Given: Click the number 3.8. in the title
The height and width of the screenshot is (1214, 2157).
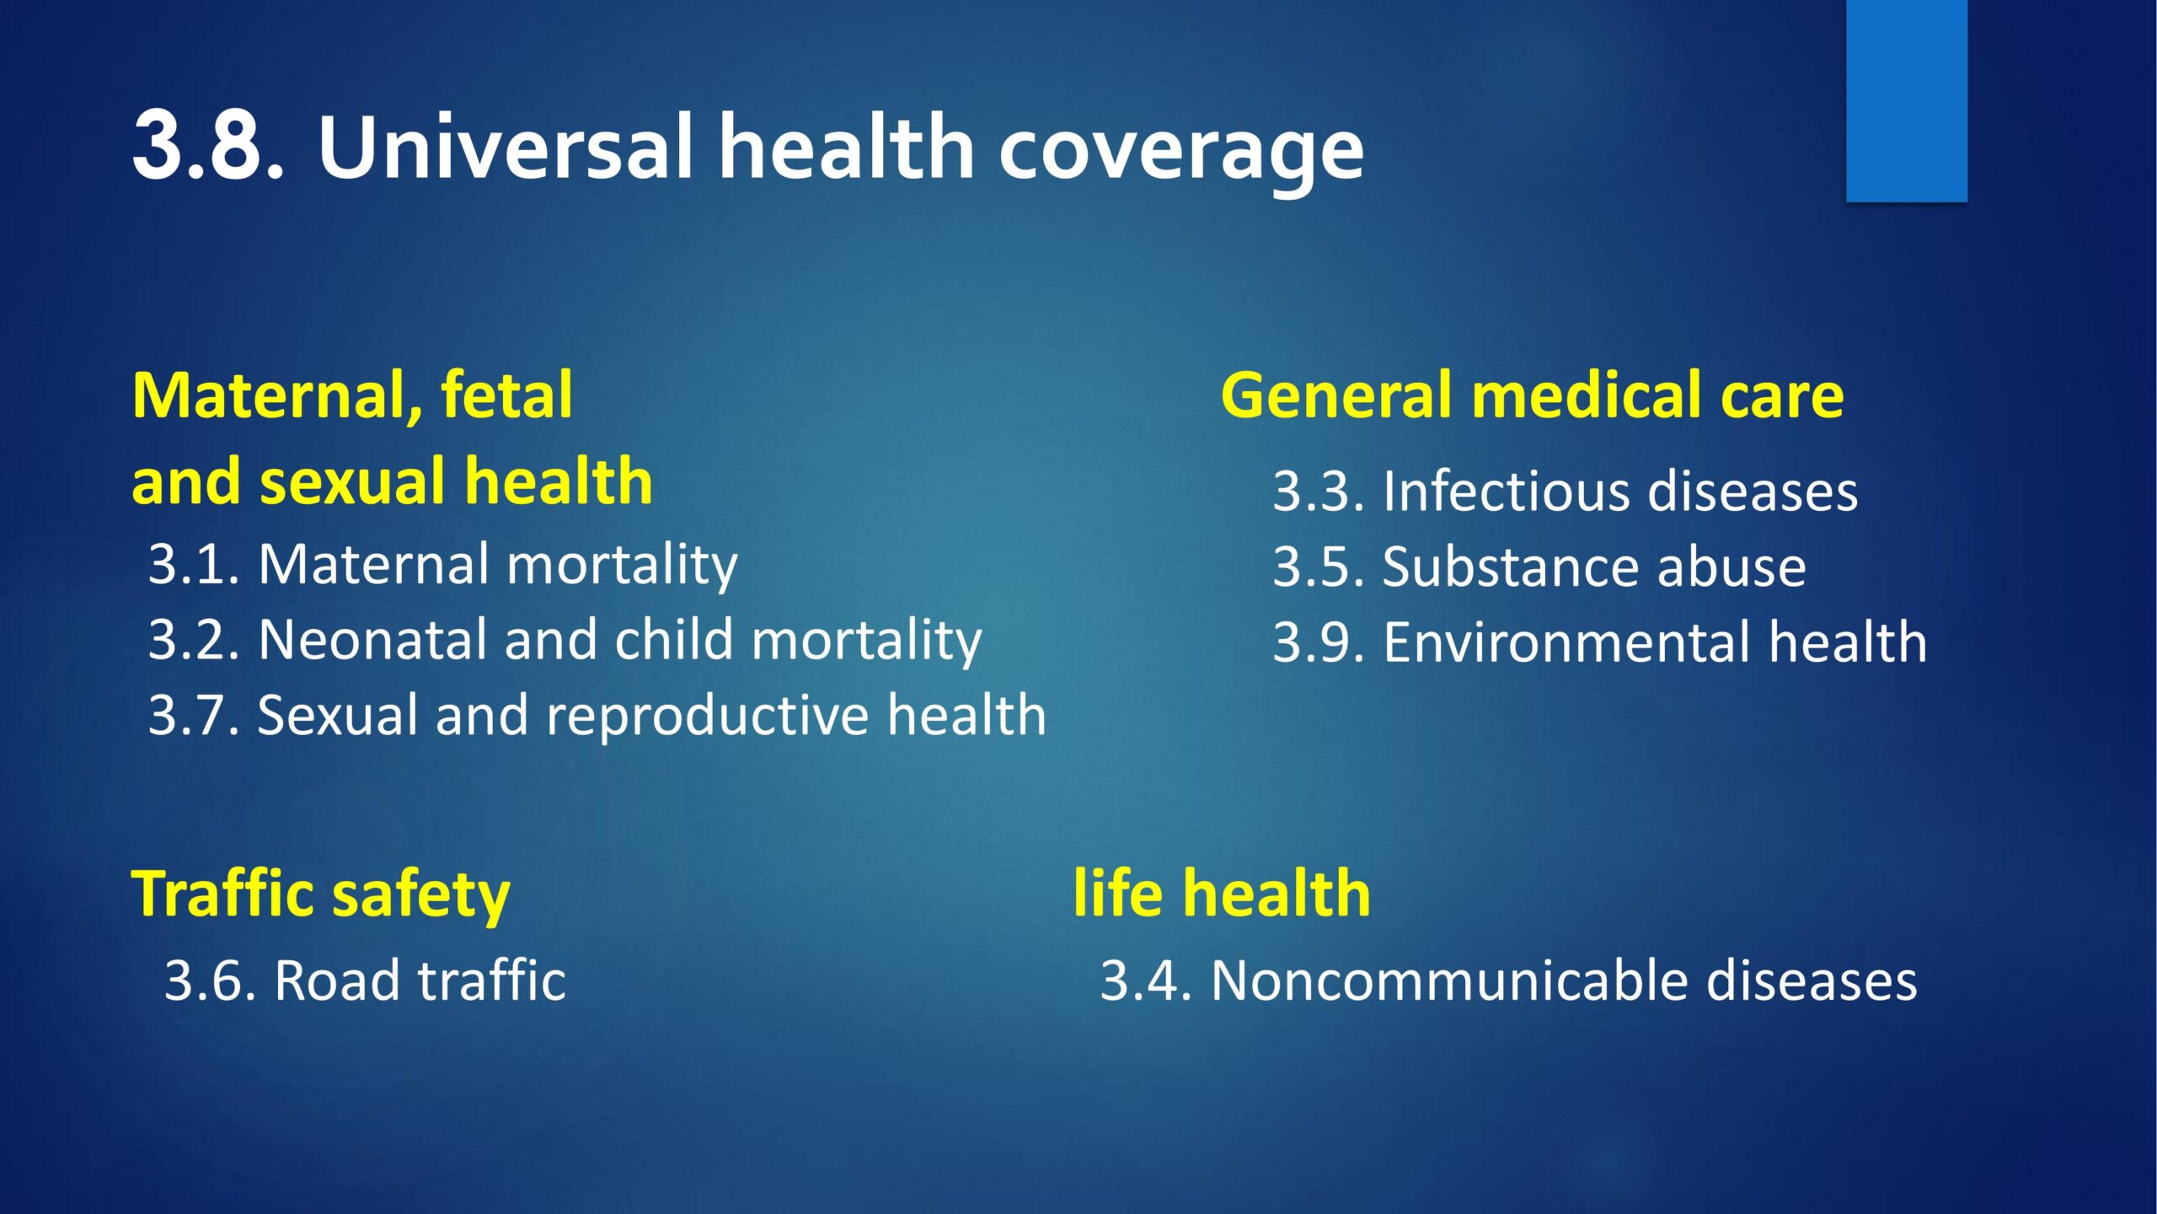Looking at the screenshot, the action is click(x=209, y=146).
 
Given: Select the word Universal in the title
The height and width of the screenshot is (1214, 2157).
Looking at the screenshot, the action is click(x=506, y=146).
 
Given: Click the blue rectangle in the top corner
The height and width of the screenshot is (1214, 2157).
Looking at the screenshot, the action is click(x=1907, y=100).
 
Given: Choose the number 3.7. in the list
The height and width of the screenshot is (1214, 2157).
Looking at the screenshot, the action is click(x=195, y=715).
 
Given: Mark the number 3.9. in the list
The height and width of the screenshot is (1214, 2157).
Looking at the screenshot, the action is click(x=1319, y=642).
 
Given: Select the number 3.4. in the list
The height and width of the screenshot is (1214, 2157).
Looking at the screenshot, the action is click(x=1148, y=980).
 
